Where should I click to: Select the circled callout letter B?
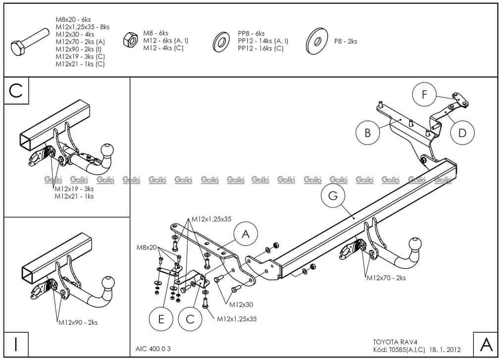[368, 133]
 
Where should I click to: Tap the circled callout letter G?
[333, 196]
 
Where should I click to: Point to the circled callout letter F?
[424, 96]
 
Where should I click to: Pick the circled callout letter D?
[462, 133]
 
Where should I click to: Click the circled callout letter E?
[161, 319]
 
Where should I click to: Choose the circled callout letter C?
[190, 319]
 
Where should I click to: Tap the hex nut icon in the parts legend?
[130, 40]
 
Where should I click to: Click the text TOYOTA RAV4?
[392, 341]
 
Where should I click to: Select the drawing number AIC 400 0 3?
[152, 348]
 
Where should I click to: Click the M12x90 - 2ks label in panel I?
[78, 322]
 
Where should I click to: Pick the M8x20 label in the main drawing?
[147, 247]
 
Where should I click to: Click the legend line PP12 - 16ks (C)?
[260, 49]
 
